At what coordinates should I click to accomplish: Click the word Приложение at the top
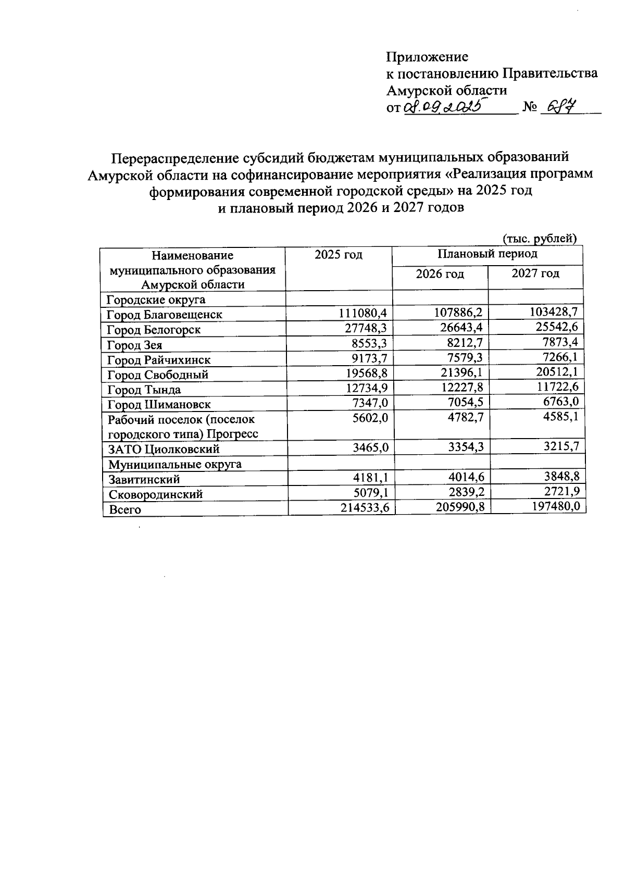427,57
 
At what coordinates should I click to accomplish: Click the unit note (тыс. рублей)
539,239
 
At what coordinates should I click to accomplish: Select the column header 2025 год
338,255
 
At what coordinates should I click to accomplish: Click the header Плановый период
487,254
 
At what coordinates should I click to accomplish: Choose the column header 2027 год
535,273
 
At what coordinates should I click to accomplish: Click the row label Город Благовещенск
164,315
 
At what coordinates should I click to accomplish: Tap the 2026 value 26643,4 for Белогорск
457,328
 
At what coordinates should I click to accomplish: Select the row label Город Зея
134,345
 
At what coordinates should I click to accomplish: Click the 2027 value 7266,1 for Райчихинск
557,358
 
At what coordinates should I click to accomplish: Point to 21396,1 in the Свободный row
457,373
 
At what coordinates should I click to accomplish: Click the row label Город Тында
144,390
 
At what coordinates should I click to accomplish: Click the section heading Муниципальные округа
174,464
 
